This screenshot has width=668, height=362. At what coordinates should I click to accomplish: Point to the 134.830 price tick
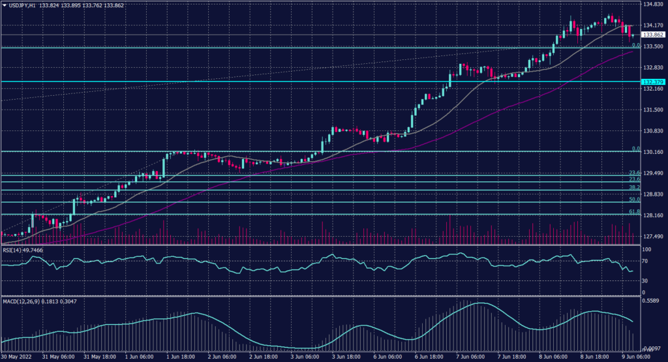(x=654, y=5)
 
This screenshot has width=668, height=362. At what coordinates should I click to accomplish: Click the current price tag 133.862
(x=653, y=35)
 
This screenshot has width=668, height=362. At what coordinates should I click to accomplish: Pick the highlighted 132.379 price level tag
(x=653, y=82)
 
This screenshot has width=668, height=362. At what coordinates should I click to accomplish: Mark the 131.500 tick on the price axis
(x=654, y=110)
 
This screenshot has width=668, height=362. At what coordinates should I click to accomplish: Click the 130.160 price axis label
(x=654, y=152)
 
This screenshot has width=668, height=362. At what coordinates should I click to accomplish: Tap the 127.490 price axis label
(x=654, y=237)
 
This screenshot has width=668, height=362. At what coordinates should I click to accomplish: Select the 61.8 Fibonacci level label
(x=633, y=211)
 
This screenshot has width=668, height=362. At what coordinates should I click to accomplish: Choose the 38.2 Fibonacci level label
(x=633, y=187)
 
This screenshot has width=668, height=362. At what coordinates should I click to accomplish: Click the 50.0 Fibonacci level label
(x=633, y=199)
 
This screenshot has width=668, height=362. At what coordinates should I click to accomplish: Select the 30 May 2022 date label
(x=17, y=357)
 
